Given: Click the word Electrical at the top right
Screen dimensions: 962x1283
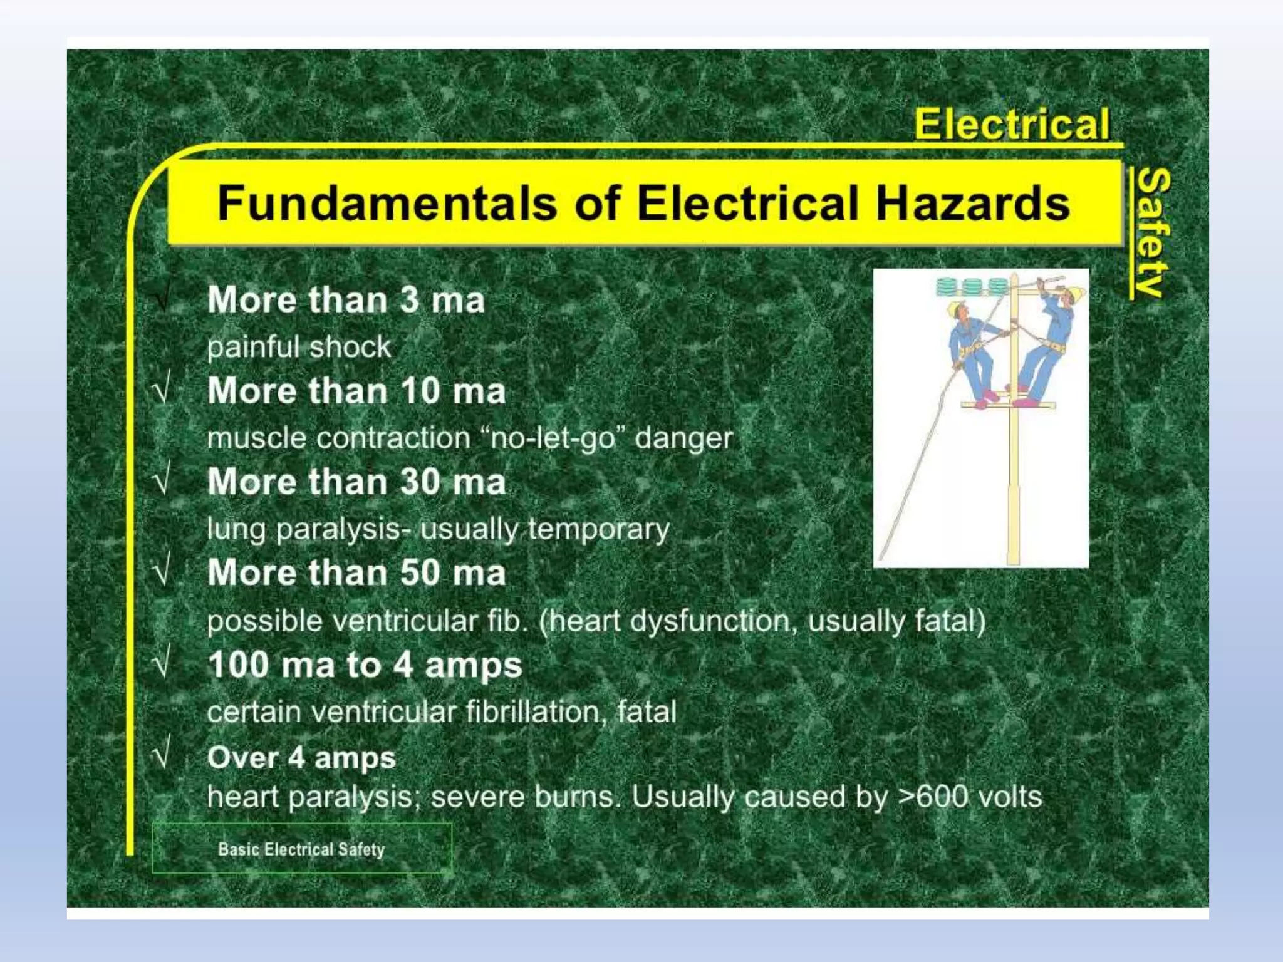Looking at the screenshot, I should [x=1011, y=124].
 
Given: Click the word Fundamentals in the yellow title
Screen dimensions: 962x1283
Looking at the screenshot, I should [x=387, y=204].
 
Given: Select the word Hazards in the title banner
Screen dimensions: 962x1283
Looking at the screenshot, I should [x=972, y=204].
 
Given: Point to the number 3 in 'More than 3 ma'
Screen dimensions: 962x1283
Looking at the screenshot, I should [x=409, y=299].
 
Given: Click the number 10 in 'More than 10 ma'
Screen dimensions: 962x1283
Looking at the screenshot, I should [x=420, y=391].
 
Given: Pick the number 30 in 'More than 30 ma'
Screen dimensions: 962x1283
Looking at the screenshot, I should [x=420, y=482].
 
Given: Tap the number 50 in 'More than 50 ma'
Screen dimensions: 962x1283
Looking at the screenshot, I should [x=420, y=573].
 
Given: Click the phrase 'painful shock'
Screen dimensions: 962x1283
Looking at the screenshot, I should [x=299, y=347].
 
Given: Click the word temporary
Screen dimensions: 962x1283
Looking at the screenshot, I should [x=598, y=529].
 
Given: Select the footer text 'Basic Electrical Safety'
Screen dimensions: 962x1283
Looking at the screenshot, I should [x=301, y=849].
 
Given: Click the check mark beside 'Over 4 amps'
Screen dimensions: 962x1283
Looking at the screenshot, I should [x=161, y=756].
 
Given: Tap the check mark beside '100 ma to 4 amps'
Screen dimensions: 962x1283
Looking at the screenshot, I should [x=162, y=664].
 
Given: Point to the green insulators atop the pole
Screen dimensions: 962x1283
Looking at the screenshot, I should [x=972, y=287].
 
